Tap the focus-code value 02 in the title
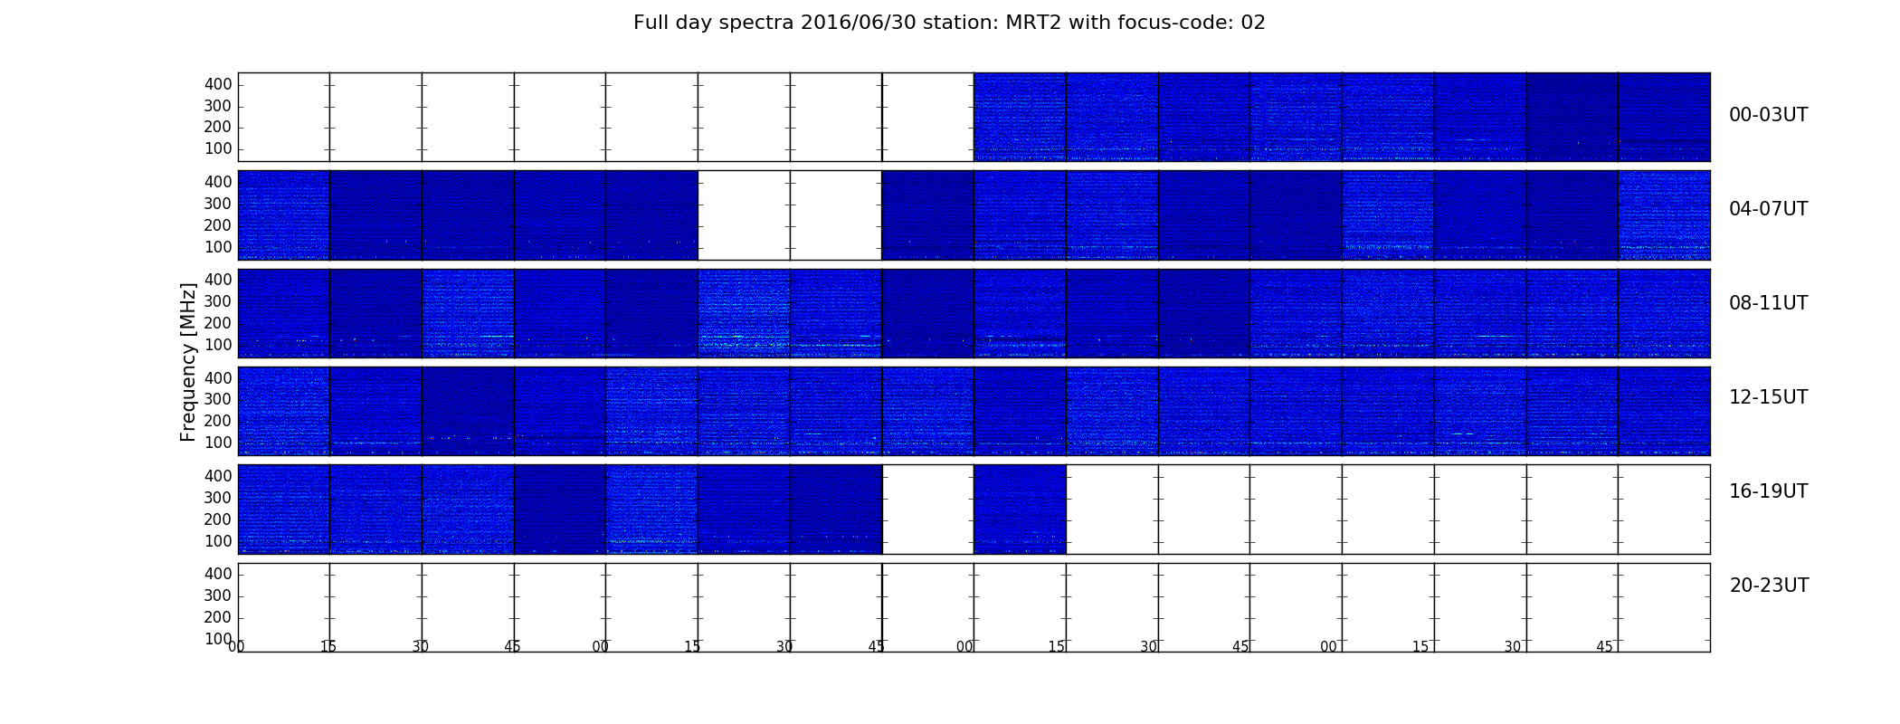pyautogui.click(x=1253, y=23)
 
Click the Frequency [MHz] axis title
pyautogui.click(x=188, y=362)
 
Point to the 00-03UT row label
pyautogui.click(x=1769, y=115)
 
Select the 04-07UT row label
pyautogui.click(x=1769, y=209)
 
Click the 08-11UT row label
pyautogui.click(x=1769, y=303)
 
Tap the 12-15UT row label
pyautogui.click(x=1769, y=397)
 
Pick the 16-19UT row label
pyautogui.click(x=1769, y=491)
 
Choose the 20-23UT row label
pyautogui.click(x=1769, y=586)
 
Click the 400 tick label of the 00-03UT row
pyautogui.click(x=218, y=84)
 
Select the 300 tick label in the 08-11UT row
pyautogui.click(x=218, y=301)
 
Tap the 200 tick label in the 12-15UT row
pyautogui.click(x=218, y=421)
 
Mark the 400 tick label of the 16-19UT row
pyautogui.click(x=218, y=476)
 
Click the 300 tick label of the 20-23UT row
pyautogui.click(x=218, y=595)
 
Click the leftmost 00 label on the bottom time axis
pyautogui.click(x=236, y=647)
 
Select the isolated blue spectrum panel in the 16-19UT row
pyautogui.click(x=1020, y=510)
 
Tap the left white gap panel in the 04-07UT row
pyautogui.click(x=744, y=215)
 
